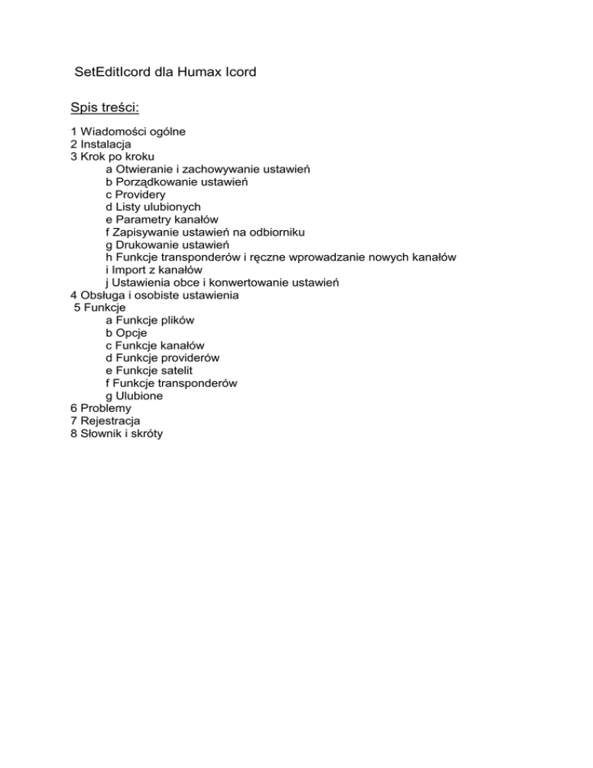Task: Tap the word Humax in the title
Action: coord(203,73)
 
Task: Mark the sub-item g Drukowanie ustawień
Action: coord(162,245)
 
